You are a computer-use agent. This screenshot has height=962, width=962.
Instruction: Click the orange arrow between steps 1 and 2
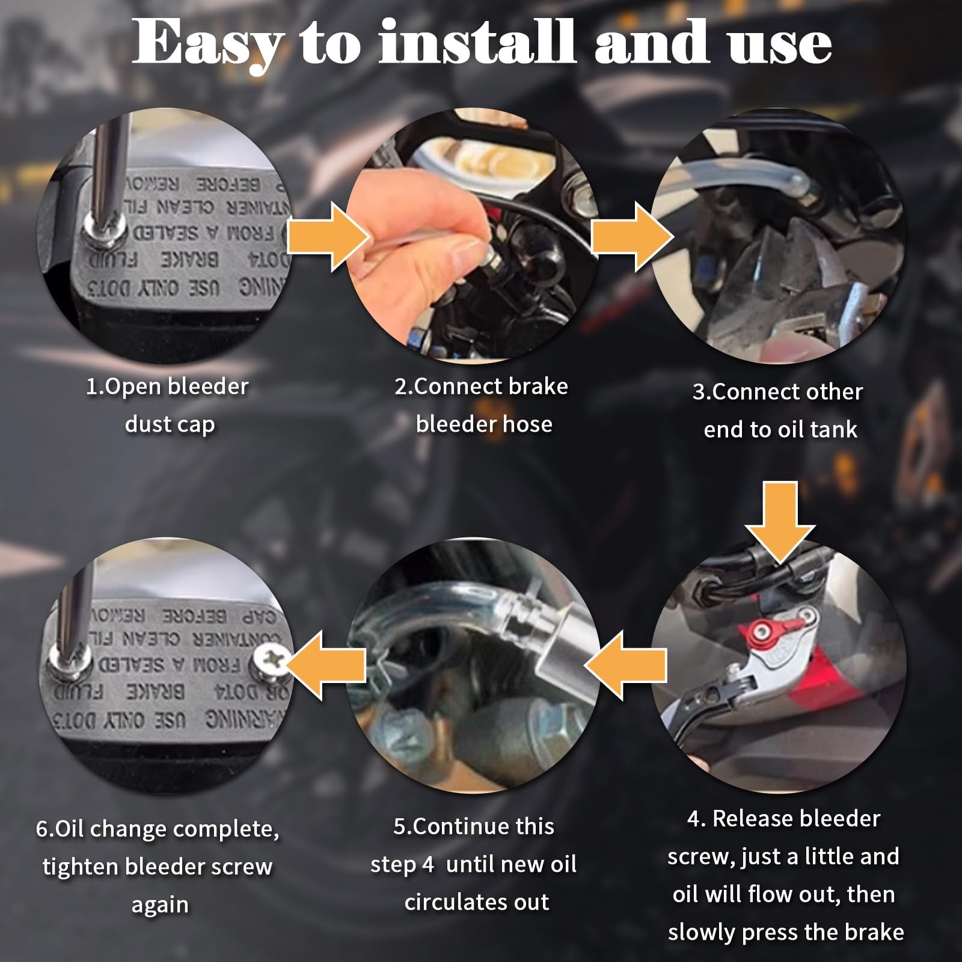tap(328, 236)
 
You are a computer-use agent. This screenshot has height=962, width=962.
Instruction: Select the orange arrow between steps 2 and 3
tap(631, 236)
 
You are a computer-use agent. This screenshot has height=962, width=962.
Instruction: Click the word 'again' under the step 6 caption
tap(160, 904)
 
